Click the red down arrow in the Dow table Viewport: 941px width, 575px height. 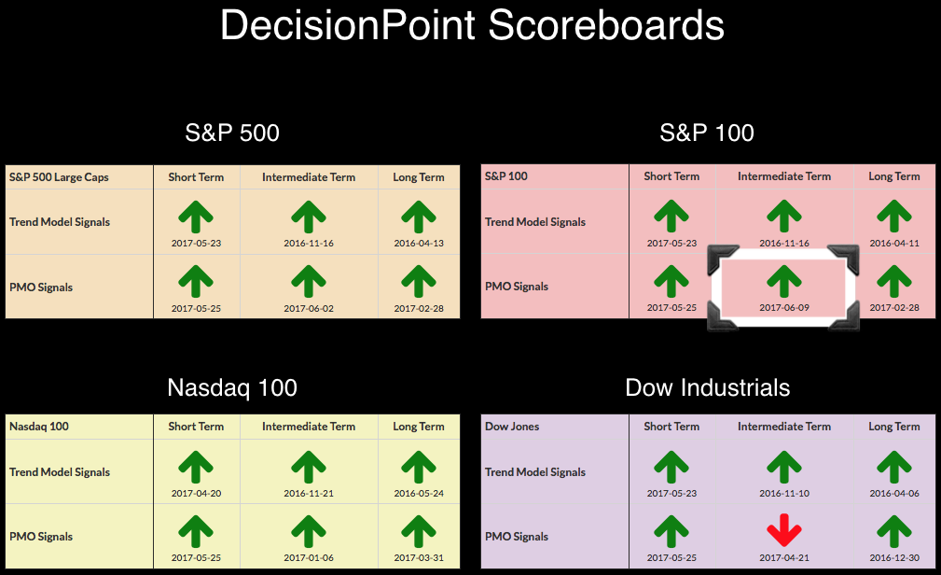(783, 530)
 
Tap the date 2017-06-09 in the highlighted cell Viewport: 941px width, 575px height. (783, 308)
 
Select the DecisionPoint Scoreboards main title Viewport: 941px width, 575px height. (472, 25)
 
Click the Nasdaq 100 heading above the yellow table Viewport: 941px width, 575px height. (232, 387)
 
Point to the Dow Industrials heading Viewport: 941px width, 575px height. (708, 387)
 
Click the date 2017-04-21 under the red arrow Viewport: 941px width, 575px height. (783, 557)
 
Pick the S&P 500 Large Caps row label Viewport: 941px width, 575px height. (59, 177)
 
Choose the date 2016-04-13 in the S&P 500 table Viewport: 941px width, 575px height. (419, 244)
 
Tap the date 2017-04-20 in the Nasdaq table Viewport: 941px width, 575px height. (196, 493)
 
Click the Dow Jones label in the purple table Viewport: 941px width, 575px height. (512, 426)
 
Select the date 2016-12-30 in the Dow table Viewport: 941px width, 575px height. (894, 557)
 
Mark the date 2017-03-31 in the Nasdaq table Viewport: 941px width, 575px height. (419, 557)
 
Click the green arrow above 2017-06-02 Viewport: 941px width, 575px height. (309, 282)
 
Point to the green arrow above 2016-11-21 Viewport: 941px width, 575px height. (309, 468)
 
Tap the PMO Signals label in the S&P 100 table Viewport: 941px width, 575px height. (517, 287)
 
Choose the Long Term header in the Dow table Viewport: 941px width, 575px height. (894, 426)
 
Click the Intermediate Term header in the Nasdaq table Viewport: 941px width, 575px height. (309, 426)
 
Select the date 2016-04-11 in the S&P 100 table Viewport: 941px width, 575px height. (894, 244)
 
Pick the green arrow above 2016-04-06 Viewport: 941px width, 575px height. (894, 468)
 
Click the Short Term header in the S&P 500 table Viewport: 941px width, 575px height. (196, 177)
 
